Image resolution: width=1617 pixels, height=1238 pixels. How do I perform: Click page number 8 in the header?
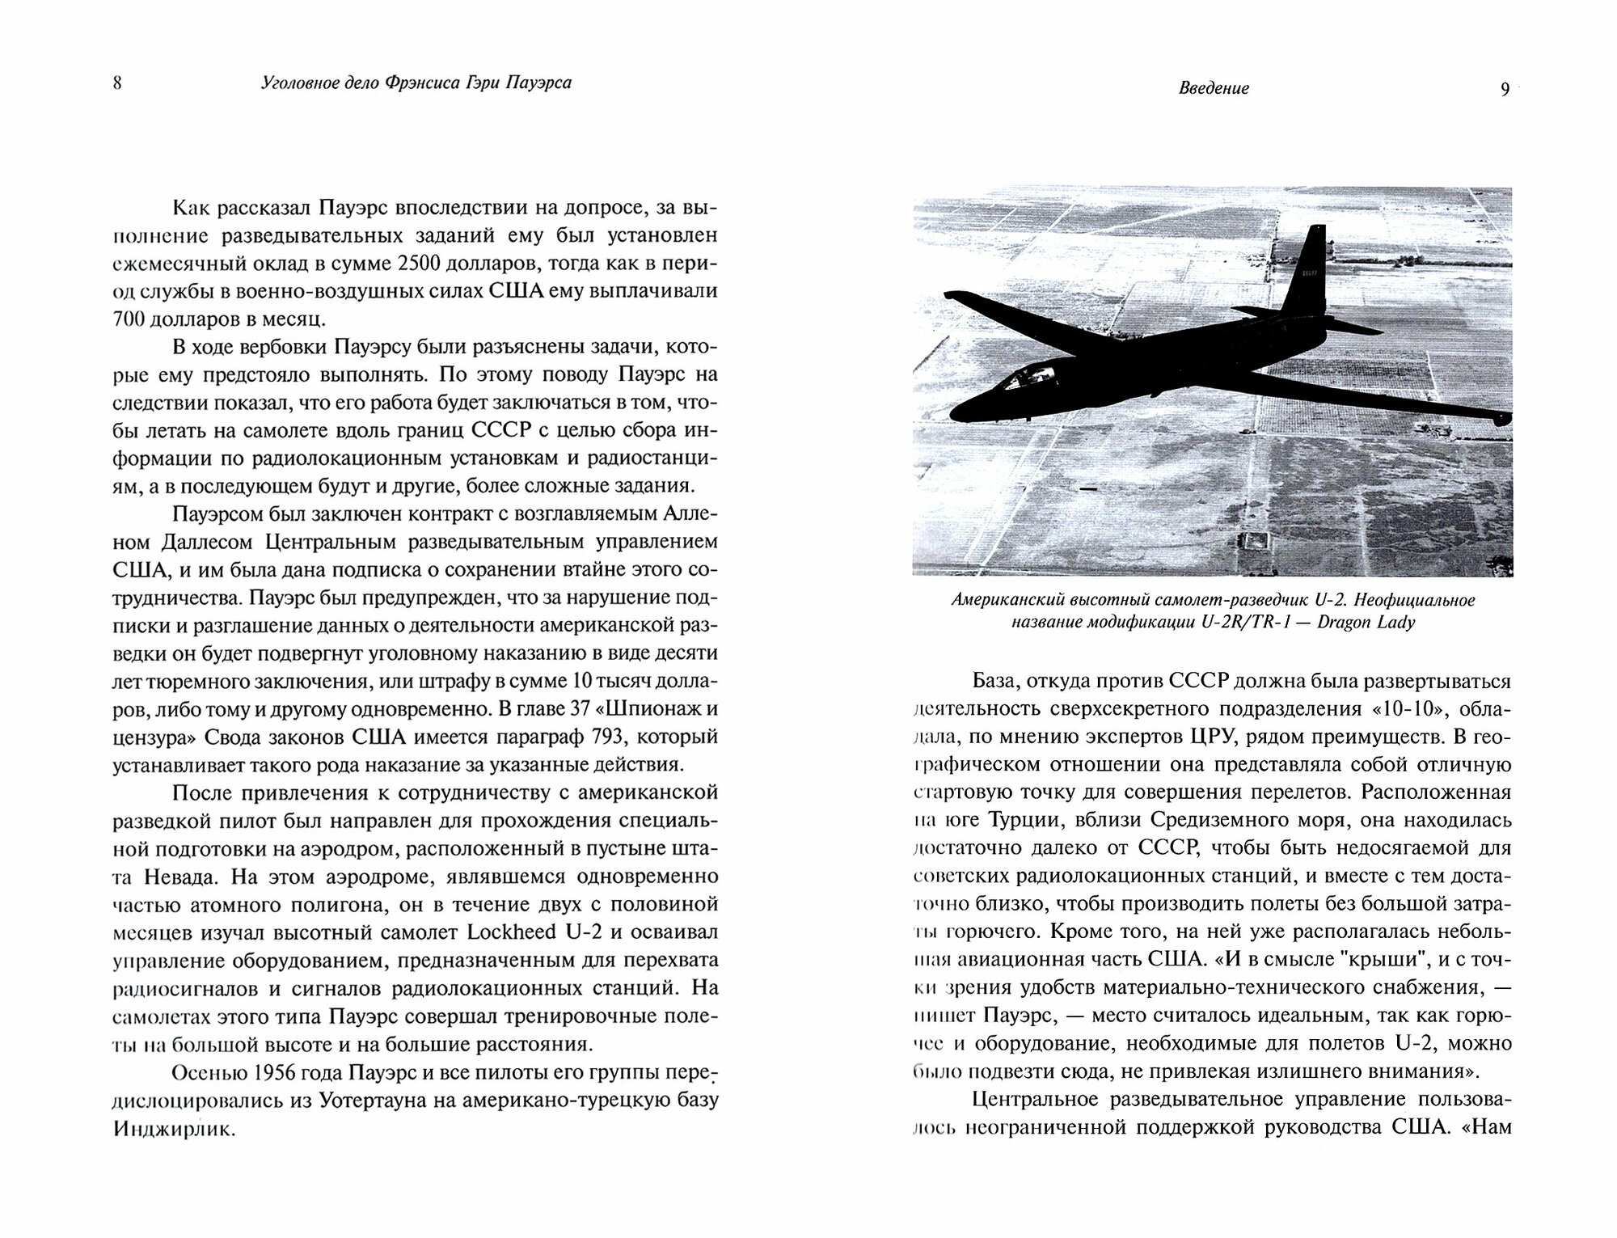tap(117, 83)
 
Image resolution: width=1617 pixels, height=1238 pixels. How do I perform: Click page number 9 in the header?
tap(1505, 89)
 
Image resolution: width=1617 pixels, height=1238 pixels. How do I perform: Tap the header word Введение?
tap(1213, 89)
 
